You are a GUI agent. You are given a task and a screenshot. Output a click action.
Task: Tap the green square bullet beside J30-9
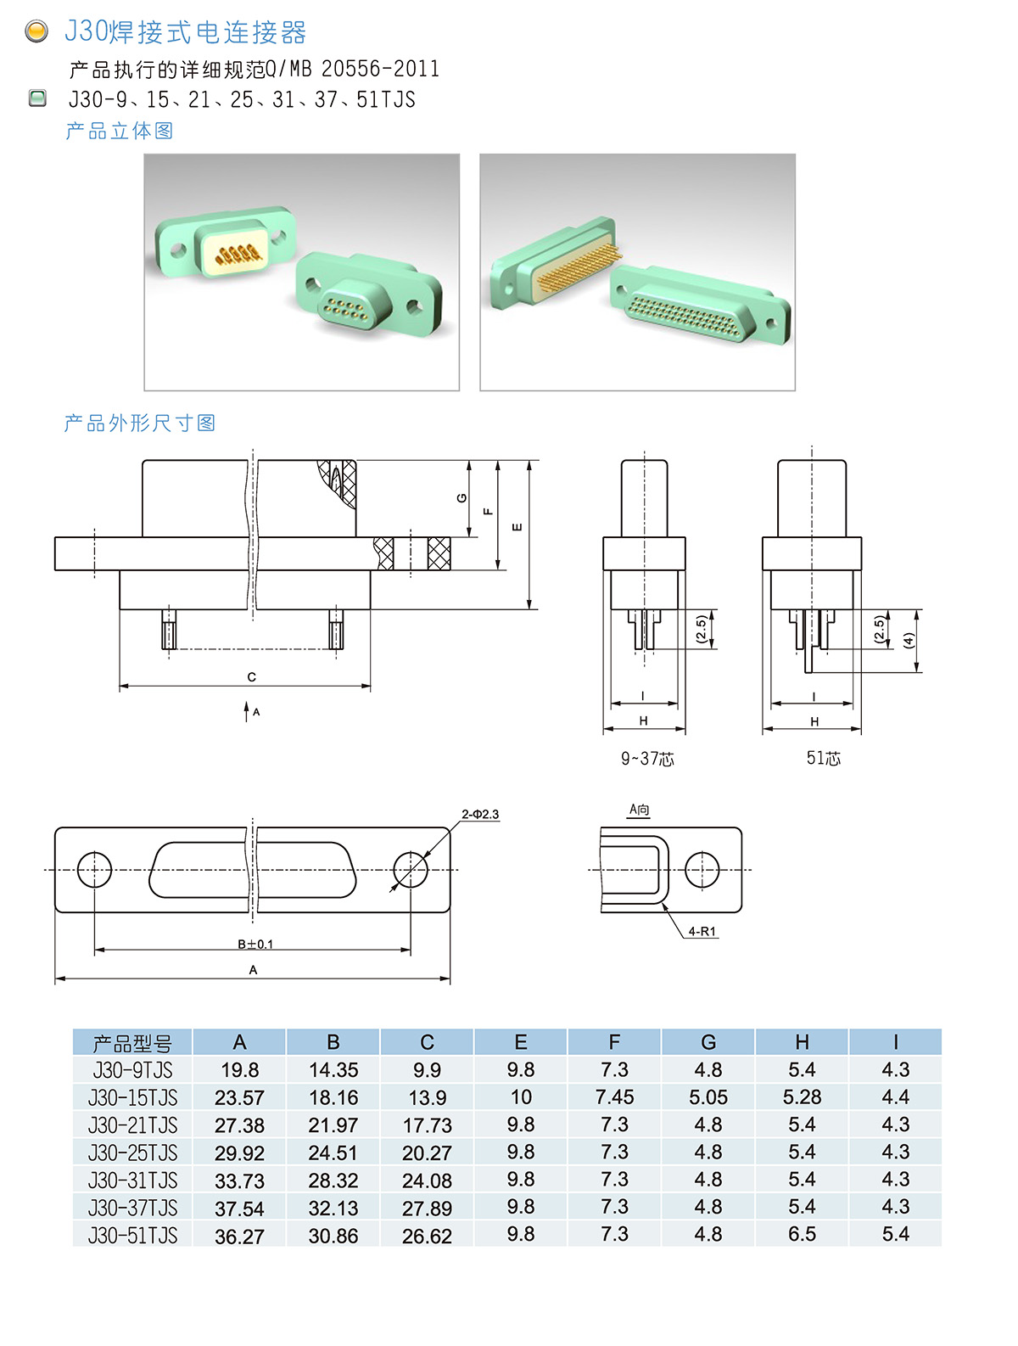(x=37, y=98)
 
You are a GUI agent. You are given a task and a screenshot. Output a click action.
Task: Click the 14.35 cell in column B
(x=333, y=1069)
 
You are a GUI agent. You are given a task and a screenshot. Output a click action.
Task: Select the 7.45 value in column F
(x=614, y=1096)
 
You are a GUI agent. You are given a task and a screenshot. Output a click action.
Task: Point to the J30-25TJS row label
(x=132, y=1153)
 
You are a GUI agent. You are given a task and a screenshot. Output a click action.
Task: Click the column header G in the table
(x=708, y=1042)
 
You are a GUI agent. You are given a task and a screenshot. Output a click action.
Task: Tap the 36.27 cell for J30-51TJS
(x=239, y=1236)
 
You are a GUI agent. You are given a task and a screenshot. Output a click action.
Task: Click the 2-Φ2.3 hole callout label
(x=480, y=814)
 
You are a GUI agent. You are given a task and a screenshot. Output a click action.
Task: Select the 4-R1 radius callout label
(x=701, y=931)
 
